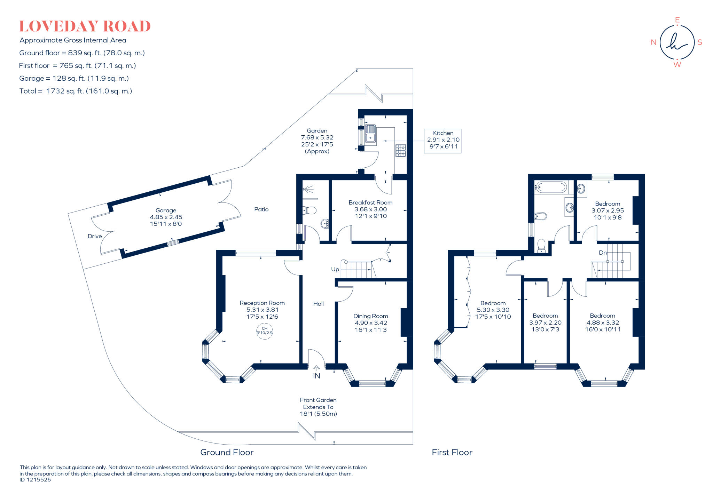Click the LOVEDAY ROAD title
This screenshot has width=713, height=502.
pyautogui.click(x=85, y=26)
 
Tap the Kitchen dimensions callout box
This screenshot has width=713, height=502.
pyautogui.click(x=443, y=141)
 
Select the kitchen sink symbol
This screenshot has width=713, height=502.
pyautogui.click(x=370, y=134)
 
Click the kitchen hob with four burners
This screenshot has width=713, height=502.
pyautogui.click(x=400, y=151)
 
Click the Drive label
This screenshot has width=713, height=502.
pyautogui.click(x=95, y=236)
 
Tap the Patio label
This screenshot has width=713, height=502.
pyautogui.click(x=261, y=209)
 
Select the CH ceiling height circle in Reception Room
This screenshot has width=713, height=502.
pyautogui.click(x=264, y=331)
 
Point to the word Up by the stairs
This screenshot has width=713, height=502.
pyautogui.click(x=335, y=269)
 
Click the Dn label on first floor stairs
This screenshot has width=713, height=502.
pyautogui.click(x=603, y=253)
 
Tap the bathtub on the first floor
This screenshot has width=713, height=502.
pyautogui.click(x=551, y=188)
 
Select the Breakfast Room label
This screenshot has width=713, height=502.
pyautogui.click(x=370, y=203)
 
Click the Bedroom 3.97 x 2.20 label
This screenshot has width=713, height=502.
pyautogui.click(x=545, y=322)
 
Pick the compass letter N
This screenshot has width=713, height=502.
pyautogui.click(x=653, y=42)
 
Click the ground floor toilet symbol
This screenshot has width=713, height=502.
pyautogui.click(x=309, y=210)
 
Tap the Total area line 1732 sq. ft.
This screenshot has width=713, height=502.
pyautogui.click(x=76, y=91)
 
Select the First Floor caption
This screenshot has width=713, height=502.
pyautogui.click(x=452, y=452)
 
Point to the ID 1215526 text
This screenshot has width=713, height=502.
pyautogui.click(x=35, y=480)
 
